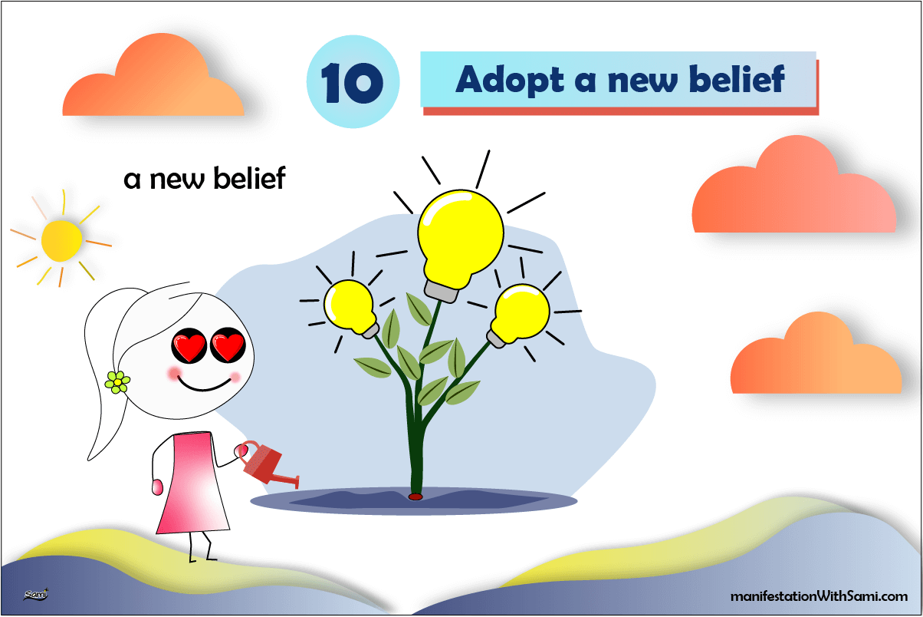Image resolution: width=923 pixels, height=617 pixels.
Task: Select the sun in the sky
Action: click(x=61, y=240)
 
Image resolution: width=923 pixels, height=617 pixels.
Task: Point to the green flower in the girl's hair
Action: click(x=117, y=381)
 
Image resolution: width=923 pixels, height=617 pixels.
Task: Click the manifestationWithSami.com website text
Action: click(x=817, y=596)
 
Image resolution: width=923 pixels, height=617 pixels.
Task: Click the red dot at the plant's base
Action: click(x=416, y=497)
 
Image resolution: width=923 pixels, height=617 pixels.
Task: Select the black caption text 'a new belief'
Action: click(x=205, y=179)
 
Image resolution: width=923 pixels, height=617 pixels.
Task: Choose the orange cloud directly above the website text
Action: click(x=814, y=358)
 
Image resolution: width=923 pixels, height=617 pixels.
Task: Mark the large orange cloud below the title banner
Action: click(x=793, y=192)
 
